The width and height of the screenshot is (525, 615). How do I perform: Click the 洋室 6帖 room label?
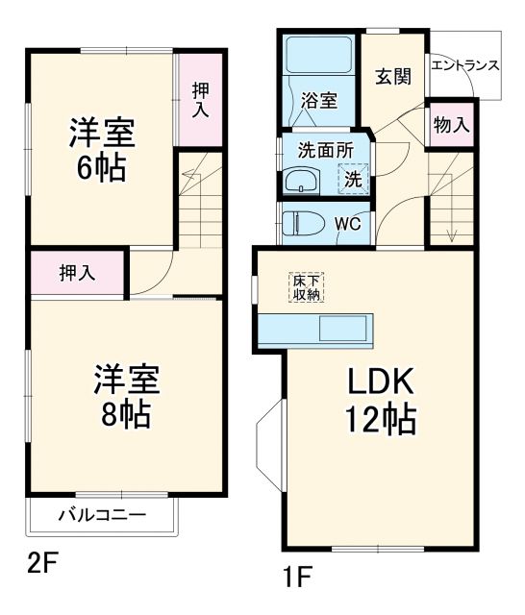[100, 148]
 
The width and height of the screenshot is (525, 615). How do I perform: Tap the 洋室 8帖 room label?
[126, 397]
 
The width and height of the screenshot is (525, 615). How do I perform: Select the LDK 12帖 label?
[380, 401]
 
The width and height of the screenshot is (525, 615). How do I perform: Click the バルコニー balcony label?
[102, 515]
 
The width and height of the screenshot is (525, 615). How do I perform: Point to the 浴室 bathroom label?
[317, 100]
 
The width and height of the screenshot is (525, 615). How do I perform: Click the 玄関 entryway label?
[393, 77]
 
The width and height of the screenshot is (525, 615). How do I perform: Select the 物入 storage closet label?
[451, 124]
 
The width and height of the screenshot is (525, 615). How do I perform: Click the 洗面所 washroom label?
[318, 150]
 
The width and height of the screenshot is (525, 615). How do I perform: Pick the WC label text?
[348, 223]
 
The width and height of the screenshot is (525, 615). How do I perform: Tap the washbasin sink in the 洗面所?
[302, 180]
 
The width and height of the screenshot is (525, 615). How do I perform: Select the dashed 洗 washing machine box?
[353, 178]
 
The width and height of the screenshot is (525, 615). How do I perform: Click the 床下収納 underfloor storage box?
[307, 287]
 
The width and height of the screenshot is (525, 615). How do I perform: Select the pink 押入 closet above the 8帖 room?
[77, 273]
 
